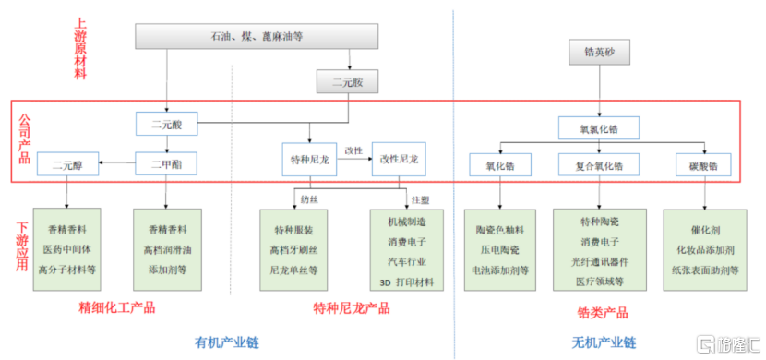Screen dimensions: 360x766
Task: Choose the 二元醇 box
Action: click(68, 165)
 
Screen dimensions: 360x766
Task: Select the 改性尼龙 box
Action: click(402, 160)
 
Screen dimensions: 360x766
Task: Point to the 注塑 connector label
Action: click(420, 198)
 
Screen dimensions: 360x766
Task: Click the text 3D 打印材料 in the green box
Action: click(406, 282)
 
